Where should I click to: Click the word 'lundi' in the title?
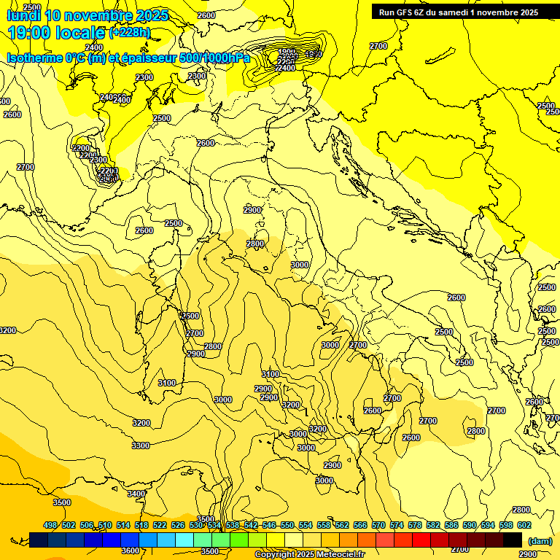pos(23,15)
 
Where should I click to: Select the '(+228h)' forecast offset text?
pos(129,33)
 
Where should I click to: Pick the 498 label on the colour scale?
pos(50,525)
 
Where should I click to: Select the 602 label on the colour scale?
pos(524,525)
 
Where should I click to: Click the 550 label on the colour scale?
pos(287,525)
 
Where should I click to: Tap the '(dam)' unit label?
pos(540,540)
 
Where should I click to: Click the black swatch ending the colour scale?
pos(513,540)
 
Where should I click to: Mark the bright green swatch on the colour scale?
pos(239,540)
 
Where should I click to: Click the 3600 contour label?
pos(130,551)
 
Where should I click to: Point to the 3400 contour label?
pos(136,494)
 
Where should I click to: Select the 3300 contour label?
pos(140,446)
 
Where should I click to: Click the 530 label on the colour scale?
pos(196,525)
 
